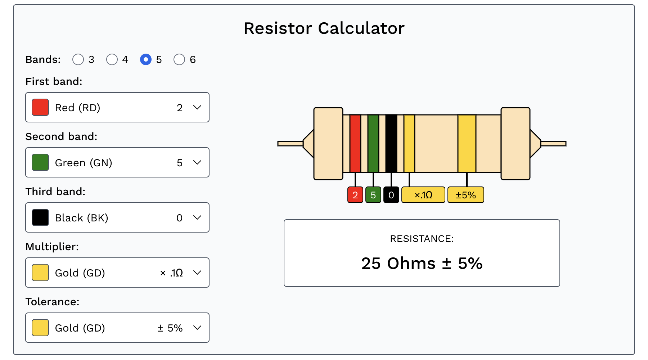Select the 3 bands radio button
coord(78,59)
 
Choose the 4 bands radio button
coord(112,59)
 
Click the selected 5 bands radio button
coord(146,59)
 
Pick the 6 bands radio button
coord(179,59)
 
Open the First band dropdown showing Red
coord(117,107)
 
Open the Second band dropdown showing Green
coord(117,162)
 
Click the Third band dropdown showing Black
coord(117,217)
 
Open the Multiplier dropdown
coord(117,273)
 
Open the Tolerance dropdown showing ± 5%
coord(117,328)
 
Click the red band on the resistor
coord(355,143)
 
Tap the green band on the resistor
coord(373,143)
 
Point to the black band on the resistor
coord(391,143)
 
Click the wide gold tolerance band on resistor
coord(467,143)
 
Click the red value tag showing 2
coord(355,195)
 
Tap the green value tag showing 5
coord(373,195)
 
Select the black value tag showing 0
coord(391,195)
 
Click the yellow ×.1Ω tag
coord(423,195)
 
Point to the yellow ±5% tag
coord(466,195)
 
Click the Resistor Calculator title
coord(324,28)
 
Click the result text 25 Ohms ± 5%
coord(422,264)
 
